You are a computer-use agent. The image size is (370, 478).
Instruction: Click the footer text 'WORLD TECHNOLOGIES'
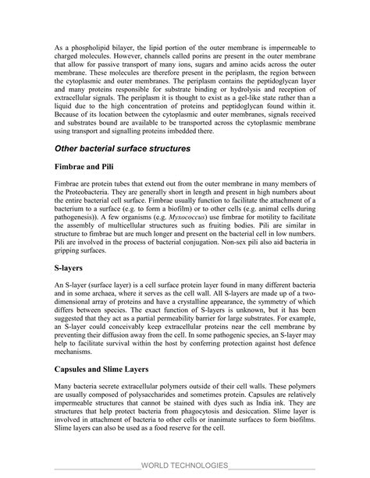click(184, 465)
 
